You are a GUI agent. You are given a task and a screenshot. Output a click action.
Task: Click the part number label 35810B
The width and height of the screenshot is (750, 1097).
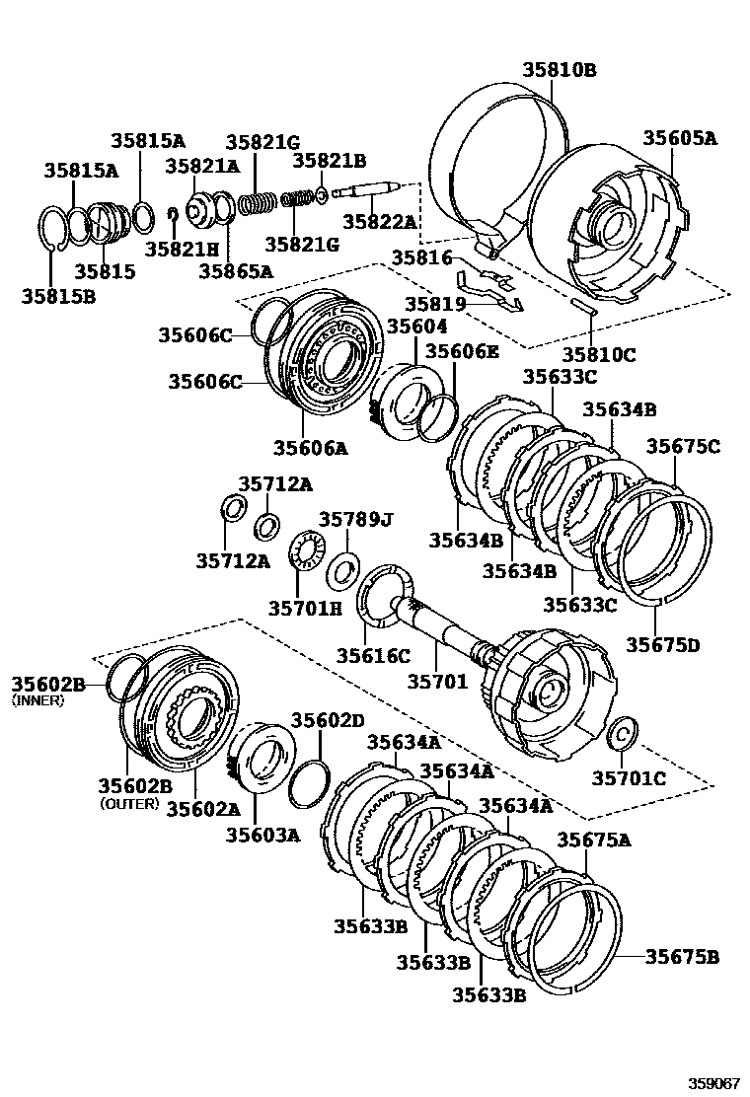[560, 70]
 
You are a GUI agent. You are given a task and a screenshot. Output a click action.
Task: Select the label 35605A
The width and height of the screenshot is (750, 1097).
[680, 138]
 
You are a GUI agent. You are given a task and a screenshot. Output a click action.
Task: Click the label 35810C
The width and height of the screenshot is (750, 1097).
[599, 354]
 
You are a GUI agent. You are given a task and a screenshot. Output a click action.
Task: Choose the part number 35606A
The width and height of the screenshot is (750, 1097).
[310, 448]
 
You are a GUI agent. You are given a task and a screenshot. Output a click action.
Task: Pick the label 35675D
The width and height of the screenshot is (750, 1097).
[662, 645]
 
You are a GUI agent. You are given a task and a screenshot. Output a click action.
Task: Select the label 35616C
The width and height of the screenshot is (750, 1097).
[373, 655]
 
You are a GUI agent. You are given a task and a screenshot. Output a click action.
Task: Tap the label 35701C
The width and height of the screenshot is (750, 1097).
[629, 779]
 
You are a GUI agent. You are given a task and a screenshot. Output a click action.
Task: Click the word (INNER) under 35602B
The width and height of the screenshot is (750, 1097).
[37, 700]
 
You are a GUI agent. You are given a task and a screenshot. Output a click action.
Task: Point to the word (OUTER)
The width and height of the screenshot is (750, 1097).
[129, 803]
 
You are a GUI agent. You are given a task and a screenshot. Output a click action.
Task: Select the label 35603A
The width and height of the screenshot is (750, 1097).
[262, 835]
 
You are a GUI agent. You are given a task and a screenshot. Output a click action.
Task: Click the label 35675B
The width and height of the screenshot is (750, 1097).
[682, 956]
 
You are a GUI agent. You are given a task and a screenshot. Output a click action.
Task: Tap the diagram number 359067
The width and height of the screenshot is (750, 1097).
[712, 1081]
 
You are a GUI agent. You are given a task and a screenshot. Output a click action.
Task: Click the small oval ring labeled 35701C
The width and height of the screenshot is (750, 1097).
[623, 734]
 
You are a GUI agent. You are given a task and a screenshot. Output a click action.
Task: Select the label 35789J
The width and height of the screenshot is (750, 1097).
[355, 520]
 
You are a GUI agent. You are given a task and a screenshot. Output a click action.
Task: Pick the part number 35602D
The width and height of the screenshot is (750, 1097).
[328, 720]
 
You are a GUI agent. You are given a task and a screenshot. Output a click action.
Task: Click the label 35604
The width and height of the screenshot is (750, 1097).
[416, 326]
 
